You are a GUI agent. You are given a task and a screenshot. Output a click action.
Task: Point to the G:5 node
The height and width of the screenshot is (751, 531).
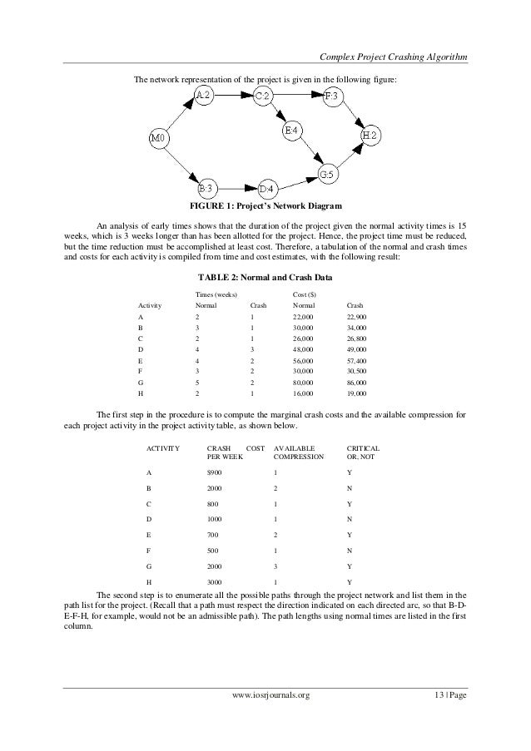[328, 175]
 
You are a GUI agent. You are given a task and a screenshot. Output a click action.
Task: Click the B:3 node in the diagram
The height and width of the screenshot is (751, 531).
[208, 188]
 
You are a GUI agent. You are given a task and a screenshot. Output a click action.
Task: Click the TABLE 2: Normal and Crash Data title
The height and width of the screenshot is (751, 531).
[265, 277]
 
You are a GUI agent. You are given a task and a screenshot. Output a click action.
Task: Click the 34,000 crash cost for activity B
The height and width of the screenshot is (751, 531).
[355, 329]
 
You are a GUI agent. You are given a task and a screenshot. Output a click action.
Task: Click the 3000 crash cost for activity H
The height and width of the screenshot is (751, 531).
[215, 581]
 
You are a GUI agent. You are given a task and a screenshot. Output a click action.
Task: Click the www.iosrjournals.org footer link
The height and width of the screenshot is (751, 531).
[265, 716]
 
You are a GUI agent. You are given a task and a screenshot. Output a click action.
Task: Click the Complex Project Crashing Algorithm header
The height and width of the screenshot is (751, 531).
[393, 57]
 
